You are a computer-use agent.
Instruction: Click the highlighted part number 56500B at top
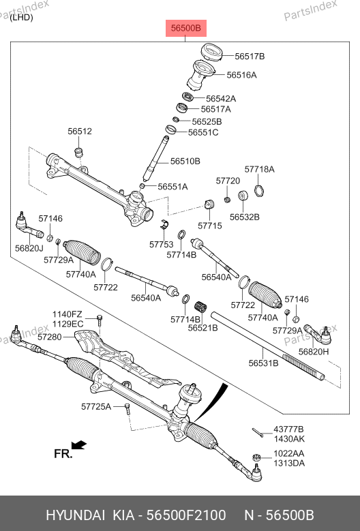point(186,28)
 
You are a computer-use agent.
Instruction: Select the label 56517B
point(250,57)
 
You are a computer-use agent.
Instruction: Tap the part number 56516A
point(241,75)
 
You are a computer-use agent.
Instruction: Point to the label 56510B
point(185,161)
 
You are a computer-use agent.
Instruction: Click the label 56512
point(80,132)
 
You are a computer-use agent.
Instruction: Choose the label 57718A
point(259,169)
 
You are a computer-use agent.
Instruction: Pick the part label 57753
point(161,244)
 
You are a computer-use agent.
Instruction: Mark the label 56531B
point(263,363)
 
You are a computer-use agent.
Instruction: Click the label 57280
point(50,337)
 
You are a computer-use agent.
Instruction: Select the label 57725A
point(96,406)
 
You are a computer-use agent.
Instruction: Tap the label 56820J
point(29,248)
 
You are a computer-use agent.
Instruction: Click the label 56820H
point(313,352)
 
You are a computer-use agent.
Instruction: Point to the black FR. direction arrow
point(79,444)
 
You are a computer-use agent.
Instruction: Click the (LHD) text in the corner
point(21,18)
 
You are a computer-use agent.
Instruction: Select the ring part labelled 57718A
point(259,191)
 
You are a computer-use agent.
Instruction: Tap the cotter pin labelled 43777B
point(258,433)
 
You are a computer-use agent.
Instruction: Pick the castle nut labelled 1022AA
point(257,458)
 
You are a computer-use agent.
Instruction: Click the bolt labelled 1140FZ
point(100,320)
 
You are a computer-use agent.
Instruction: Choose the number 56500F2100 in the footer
point(186,515)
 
